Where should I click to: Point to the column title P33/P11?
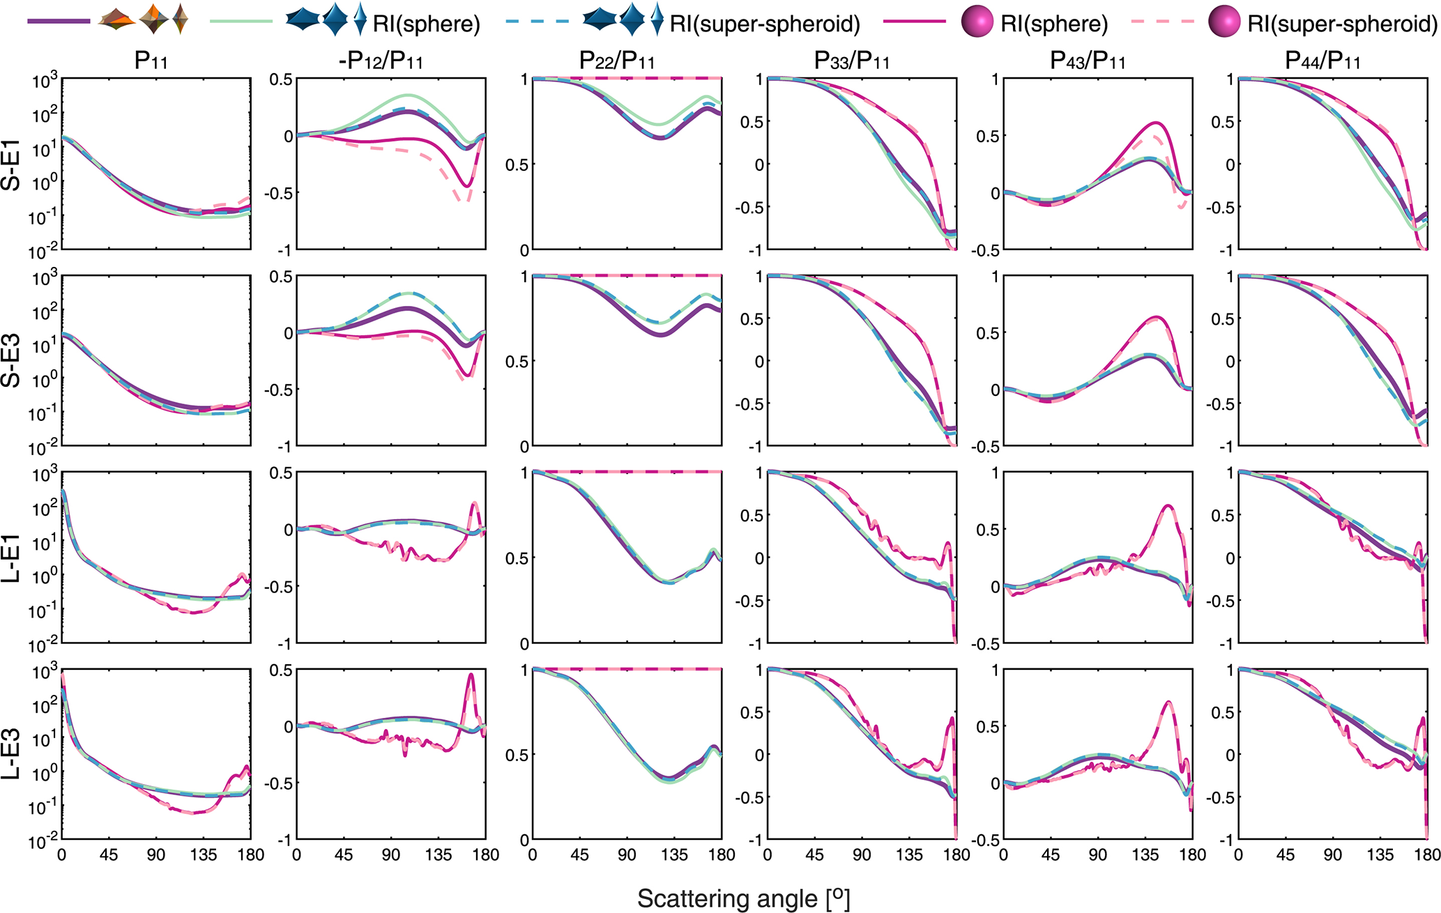point(852,62)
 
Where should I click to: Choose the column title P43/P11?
point(1088,62)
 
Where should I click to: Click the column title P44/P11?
point(1323,62)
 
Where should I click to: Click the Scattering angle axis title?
point(743,898)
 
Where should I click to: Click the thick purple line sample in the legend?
point(59,22)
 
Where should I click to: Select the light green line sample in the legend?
point(241,22)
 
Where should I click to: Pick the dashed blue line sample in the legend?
point(537,22)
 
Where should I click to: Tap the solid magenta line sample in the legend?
point(914,22)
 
